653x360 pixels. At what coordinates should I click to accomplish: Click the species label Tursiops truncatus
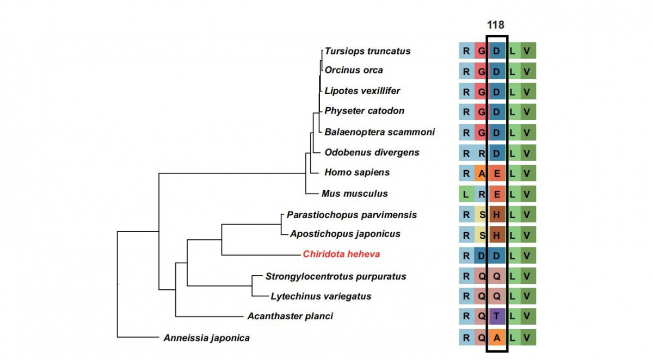click(x=367, y=51)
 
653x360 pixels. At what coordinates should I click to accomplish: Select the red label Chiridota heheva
click(x=341, y=254)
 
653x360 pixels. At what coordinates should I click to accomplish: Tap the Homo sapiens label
click(x=357, y=172)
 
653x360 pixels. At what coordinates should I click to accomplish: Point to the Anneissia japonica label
click(x=206, y=338)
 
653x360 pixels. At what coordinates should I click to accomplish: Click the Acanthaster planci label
click(x=289, y=316)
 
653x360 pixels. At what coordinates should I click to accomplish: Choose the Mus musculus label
click(x=354, y=193)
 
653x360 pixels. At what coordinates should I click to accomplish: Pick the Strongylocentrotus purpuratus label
click(x=336, y=276)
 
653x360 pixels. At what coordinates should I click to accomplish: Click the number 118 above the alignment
click(x=496, y=25)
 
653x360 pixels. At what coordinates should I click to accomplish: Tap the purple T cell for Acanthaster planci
click(x=497, y=316)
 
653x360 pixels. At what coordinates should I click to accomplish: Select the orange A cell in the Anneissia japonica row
click(x=497, y=337)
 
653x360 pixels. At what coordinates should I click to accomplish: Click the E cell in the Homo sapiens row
click(x=497, y=173)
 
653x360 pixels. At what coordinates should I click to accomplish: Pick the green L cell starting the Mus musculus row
click(x=466, y=194)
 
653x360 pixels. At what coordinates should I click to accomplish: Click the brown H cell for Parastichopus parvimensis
click(x=497, y=214)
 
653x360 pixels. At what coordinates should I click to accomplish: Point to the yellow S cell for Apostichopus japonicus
click(x=482, y=235)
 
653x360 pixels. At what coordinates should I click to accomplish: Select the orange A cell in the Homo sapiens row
click(x=482, y=173)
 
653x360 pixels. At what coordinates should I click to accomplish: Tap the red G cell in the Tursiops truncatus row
click(x=482, y=51)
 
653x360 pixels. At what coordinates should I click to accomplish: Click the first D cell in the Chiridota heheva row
click(x=482, y=255)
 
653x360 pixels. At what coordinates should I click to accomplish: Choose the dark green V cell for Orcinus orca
click(x=527, y=71)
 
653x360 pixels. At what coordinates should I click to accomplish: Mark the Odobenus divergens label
click(x=372, y=152)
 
